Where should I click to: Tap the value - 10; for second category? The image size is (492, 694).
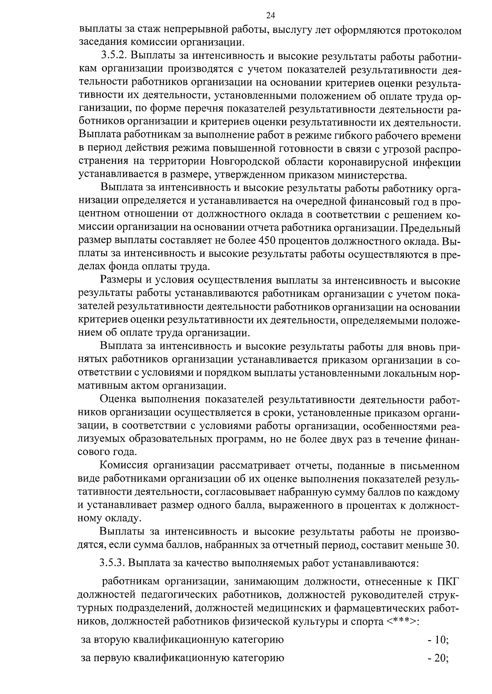click(437, 640)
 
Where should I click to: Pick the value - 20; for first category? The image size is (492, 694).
click(437, 659)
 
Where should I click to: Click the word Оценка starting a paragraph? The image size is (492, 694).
click(117, 400)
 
